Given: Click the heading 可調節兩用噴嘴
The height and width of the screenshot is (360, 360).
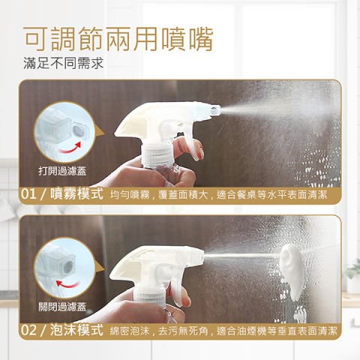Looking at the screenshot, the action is [118, 39].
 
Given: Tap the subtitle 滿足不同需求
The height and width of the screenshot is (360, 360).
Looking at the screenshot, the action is [64, 63].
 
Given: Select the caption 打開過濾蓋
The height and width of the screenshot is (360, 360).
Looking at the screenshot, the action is [62, 171].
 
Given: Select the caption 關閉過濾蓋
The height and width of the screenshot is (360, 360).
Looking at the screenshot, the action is [62, 307].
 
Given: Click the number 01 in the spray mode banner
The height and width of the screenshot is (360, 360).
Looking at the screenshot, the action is [28, 194].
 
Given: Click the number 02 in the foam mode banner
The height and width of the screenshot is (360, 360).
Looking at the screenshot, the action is [28, 330].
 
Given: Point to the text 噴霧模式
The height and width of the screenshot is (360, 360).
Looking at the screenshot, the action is [77, 193].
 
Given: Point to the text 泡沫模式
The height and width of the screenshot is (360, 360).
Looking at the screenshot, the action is [77, 330].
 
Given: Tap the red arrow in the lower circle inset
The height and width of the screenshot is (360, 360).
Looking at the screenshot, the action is [67, 284].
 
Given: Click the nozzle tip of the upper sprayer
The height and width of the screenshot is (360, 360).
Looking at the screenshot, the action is [215, 110].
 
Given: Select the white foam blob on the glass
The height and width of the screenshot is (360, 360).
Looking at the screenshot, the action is [292, 271].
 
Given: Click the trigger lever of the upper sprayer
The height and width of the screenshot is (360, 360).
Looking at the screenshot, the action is [190, 144].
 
